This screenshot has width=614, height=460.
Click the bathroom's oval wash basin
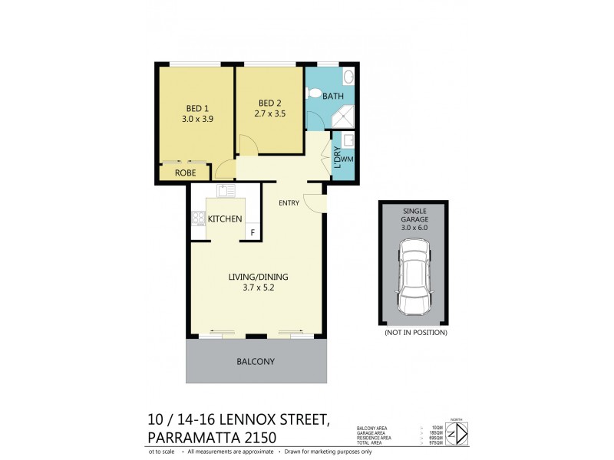(x=347, y=77)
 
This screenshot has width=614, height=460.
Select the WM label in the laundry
(x=346, y=159)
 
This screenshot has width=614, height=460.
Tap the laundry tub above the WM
(x=347, y=141)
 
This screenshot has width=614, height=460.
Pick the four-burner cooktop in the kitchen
(x=198, y=218)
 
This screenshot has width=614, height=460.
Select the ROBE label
(x=186, y=173)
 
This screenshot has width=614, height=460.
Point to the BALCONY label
(x=256, y=361)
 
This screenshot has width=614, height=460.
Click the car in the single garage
(x=414, y=275)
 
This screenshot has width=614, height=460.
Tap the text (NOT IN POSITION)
(x=414, y=333)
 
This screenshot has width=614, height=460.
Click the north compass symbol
(x=457, y=433)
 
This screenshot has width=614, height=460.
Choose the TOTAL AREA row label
(x=372, y=442)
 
